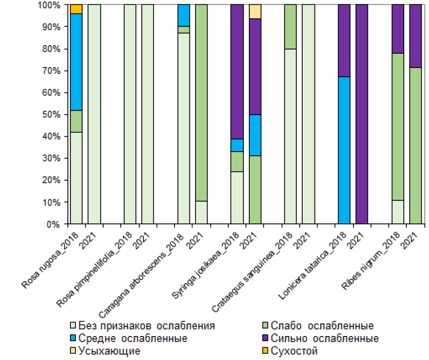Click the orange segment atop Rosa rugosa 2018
76,9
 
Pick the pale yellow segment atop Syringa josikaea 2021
255,12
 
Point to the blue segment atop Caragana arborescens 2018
184,15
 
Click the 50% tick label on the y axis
54,114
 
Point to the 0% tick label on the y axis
56,224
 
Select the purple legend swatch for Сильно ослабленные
264,339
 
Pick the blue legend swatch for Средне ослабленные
73,339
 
